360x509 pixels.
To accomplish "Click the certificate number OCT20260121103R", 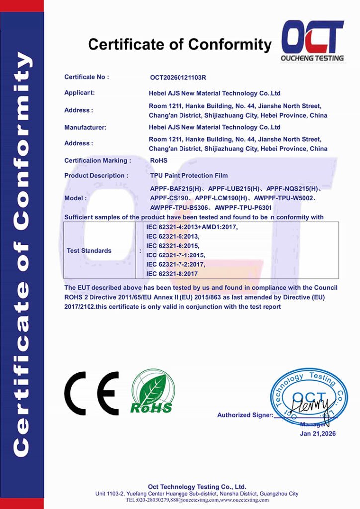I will pos(178,78).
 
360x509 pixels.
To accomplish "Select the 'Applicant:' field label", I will pos(80,93).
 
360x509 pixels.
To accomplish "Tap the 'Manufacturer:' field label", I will pos(85,127).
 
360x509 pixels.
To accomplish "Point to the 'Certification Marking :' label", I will pos(97,160).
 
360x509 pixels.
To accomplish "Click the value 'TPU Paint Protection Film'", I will pos(188,176).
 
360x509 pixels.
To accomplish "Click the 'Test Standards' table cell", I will pos(89,251).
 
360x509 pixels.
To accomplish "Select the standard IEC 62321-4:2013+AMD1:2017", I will pos(192,227).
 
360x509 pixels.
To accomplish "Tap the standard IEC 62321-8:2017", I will pos(172,274).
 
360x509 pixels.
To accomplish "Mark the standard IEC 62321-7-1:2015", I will pos(176,255).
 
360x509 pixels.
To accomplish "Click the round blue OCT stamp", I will pos(308,396).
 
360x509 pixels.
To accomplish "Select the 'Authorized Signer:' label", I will pos(245,415).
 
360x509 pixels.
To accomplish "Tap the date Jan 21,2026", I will pos(318,434).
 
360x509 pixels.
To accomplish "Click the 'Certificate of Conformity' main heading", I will pos(180,45).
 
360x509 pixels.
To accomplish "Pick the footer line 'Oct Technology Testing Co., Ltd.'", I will pos(197,487).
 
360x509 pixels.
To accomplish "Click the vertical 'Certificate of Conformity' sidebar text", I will pos(21,254).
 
